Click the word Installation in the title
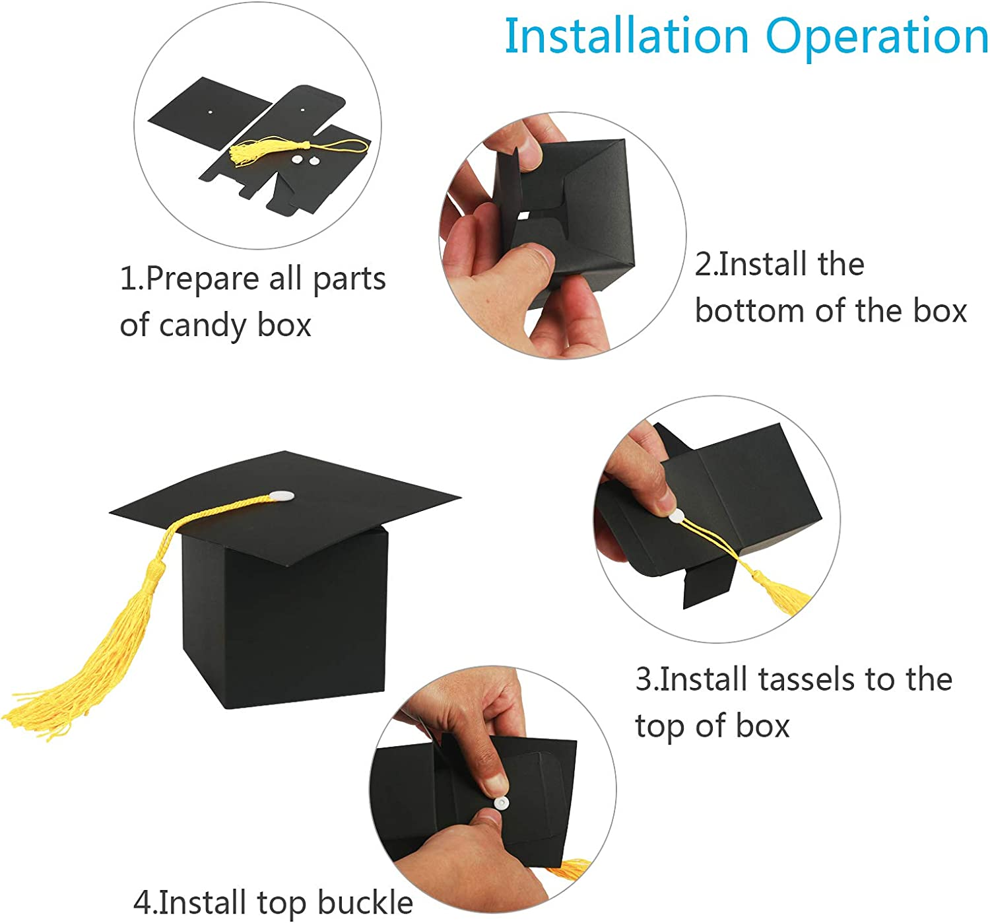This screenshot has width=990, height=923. [626, 36]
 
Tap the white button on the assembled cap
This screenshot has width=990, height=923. [281, 495]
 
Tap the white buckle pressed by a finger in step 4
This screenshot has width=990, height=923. [501, 803]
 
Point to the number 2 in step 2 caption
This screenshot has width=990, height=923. [704, 265]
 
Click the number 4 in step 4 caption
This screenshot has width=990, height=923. [143, 903]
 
